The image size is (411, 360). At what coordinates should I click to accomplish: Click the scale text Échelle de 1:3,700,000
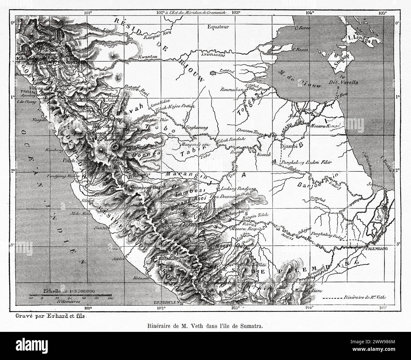tap(67, 291)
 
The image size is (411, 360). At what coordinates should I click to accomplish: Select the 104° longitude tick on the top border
tap(310, 13)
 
